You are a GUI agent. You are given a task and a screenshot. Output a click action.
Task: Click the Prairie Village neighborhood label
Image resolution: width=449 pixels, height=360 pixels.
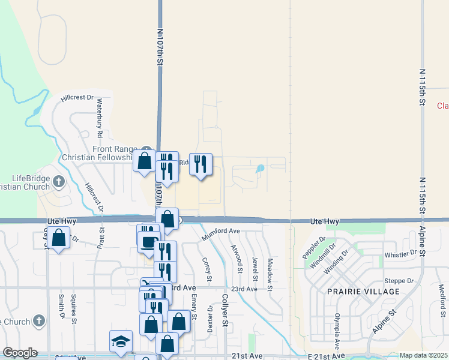pyautogui.click(x=364, y=292)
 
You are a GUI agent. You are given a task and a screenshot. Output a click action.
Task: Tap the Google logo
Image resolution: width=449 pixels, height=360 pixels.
pyautogui.click(x=20, y=353)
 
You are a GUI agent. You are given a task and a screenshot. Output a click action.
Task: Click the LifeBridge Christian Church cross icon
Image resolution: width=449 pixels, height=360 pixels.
pyautogui.click(x=58, y=181)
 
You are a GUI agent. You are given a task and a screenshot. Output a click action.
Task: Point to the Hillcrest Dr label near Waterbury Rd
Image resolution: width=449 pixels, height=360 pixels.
pyautogui.click(x=77, y=97)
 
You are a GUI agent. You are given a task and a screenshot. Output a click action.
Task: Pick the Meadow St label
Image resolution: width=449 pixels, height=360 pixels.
pyautogui.click(x=270, y=274)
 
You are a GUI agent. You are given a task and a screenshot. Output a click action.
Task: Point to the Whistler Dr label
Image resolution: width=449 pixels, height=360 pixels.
pyautogui.click(x=400, y=254)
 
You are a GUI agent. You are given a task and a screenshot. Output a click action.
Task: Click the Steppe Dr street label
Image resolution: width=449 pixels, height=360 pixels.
pyautogui.click(x=402, y=280)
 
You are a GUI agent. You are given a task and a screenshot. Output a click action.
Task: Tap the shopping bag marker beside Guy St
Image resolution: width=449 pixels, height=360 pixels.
pyautogui.click(x=59, y=239)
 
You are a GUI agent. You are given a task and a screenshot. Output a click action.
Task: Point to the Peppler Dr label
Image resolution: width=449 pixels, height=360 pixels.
pyautogui.click(x=313, y=247)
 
